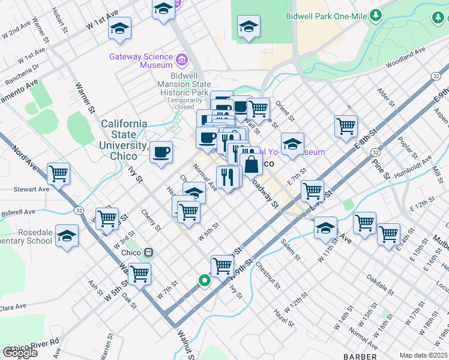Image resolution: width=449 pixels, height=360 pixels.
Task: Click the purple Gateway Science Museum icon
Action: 181,60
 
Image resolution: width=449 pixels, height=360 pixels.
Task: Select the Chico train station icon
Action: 147,253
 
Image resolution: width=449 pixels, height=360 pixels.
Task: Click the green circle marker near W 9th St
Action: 205,280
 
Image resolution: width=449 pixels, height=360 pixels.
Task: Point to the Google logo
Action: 20,353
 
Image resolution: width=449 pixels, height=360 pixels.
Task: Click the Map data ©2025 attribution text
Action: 423,355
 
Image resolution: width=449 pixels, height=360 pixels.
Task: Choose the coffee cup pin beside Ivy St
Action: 160,151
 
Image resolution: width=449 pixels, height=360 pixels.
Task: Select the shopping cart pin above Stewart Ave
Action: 59,174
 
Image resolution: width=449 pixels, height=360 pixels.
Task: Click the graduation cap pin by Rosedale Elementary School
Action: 67,235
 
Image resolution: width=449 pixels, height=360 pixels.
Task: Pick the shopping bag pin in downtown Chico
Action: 251,163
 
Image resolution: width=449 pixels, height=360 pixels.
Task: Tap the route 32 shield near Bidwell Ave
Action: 79,211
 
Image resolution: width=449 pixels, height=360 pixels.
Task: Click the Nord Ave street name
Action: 22,154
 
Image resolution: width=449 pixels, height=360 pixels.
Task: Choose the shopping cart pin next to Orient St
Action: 258,109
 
